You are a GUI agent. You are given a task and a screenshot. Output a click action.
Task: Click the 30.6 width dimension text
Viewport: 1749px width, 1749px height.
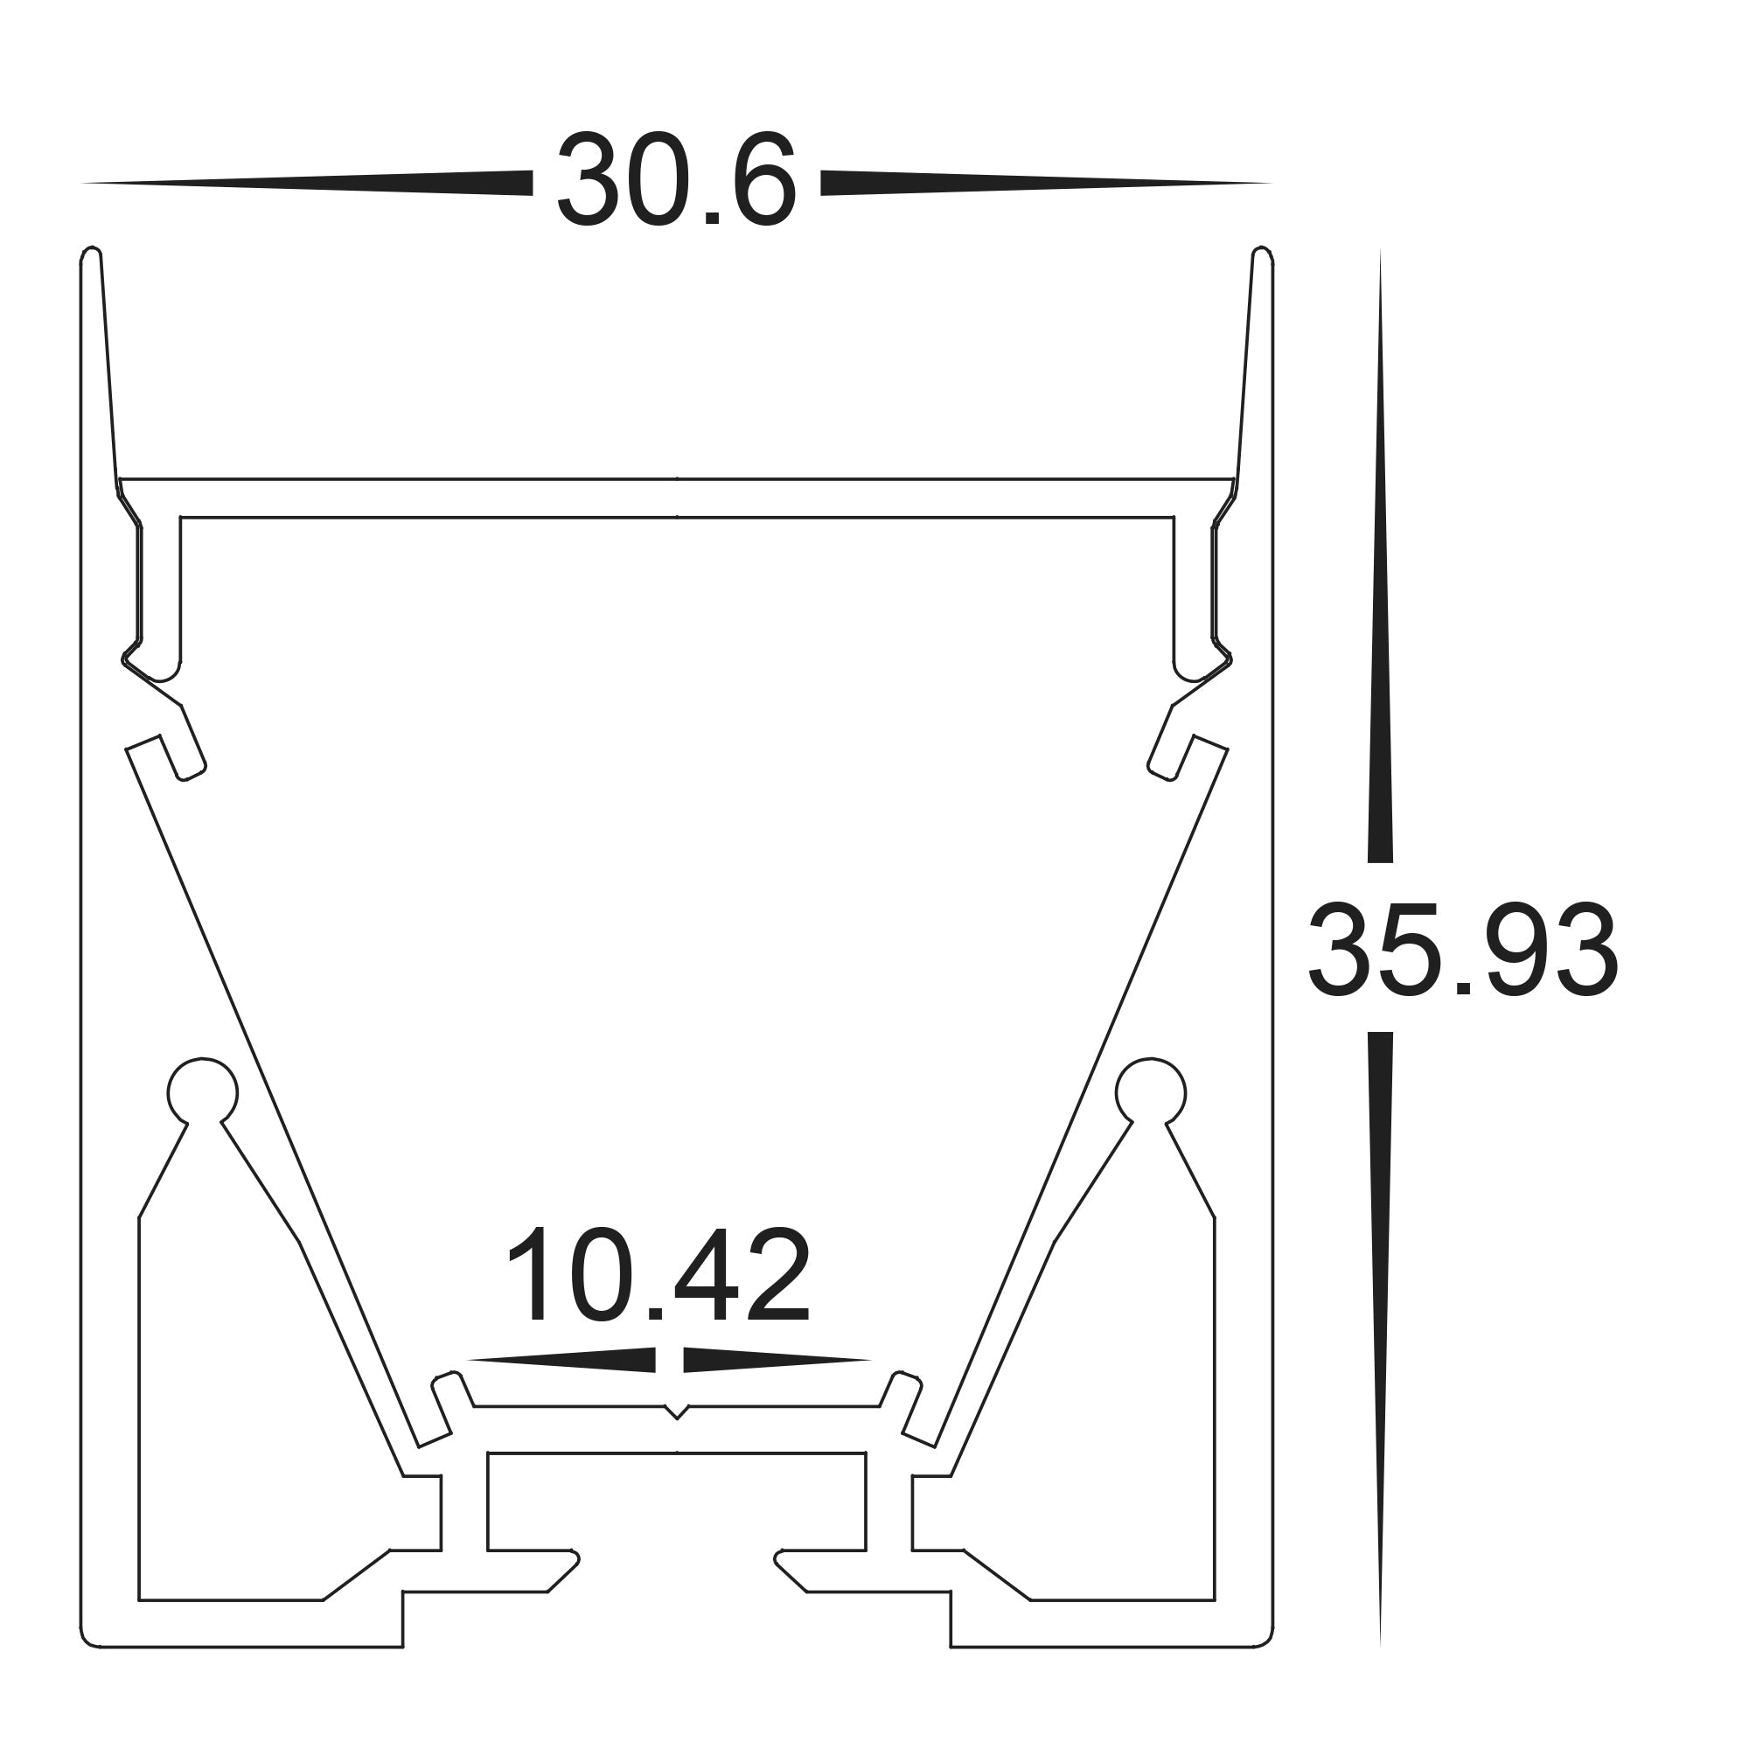point(675,181)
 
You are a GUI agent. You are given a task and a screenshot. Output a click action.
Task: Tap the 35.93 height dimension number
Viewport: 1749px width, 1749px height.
point(1462,951)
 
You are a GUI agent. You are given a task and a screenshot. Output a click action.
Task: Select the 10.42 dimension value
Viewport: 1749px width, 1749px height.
point(658,1278)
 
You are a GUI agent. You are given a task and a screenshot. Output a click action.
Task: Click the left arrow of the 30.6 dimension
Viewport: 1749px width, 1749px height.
point(308,183)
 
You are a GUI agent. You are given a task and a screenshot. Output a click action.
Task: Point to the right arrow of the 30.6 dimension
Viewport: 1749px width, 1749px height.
point(1046,183)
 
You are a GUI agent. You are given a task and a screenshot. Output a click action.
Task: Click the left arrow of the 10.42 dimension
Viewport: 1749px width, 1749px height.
point(561,1386)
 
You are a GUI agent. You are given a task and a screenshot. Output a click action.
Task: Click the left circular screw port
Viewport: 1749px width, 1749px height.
point(202,1092)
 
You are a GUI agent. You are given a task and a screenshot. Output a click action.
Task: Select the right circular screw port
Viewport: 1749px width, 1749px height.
point(1151,1092)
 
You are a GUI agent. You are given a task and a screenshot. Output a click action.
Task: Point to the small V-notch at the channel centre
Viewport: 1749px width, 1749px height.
point(676,1438)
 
